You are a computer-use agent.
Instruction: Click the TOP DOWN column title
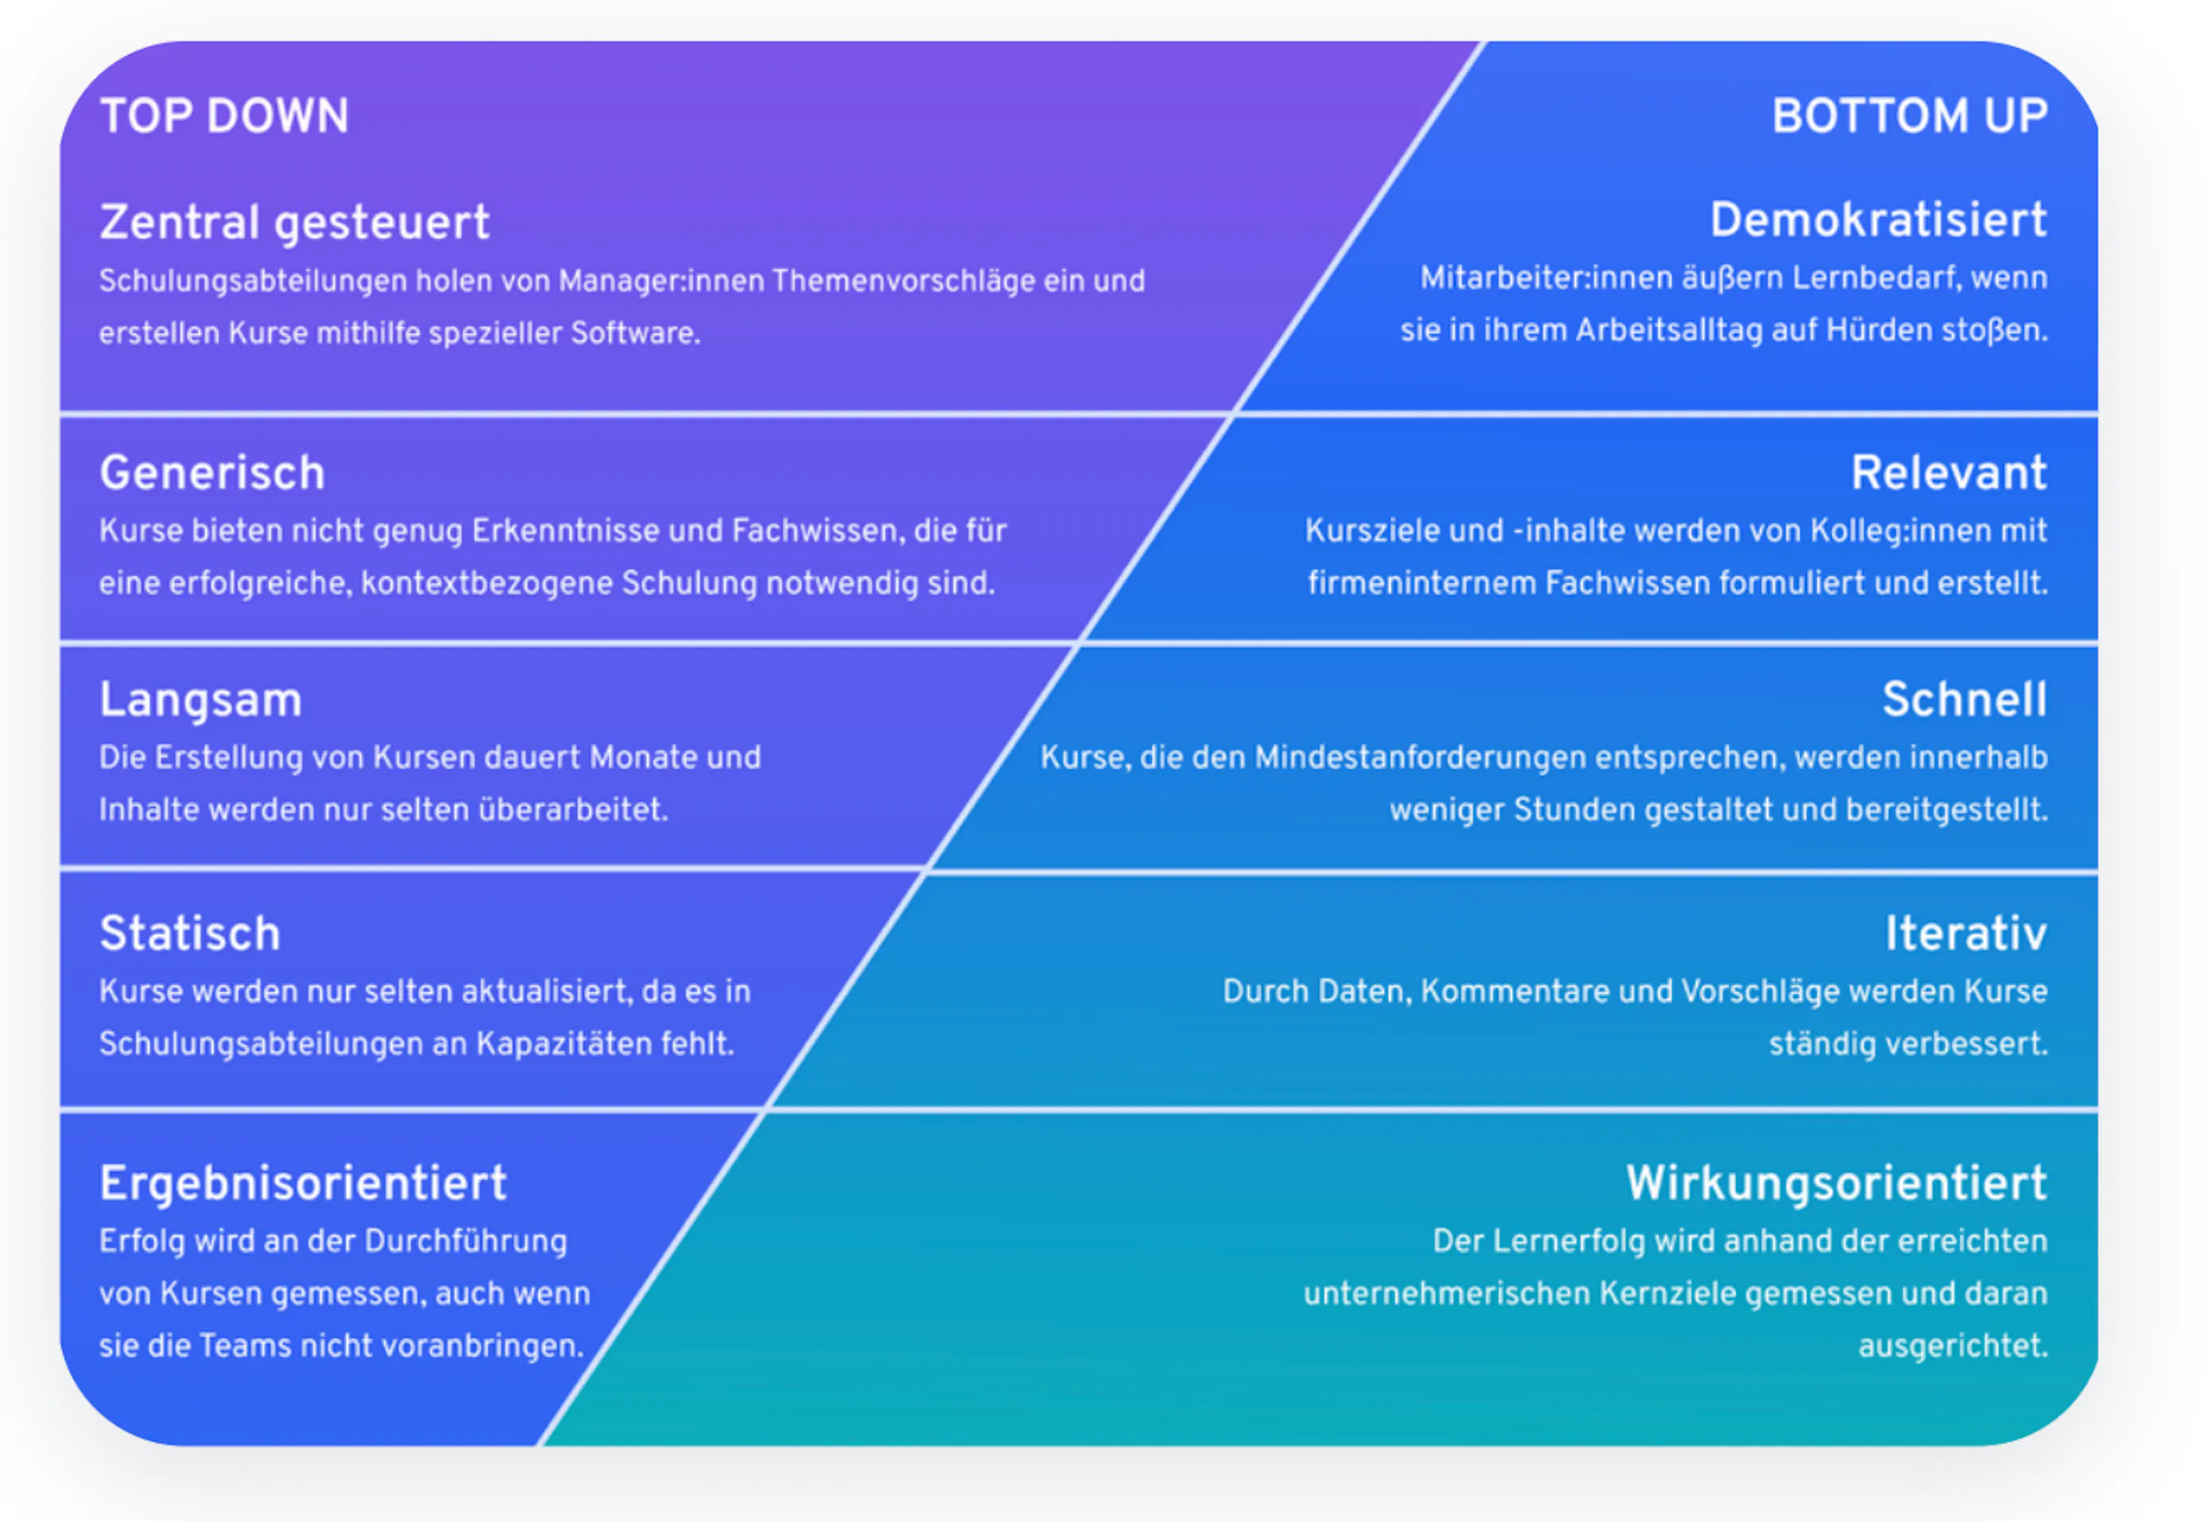pos(225,116)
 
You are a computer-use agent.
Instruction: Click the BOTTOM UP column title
pos(1910,116)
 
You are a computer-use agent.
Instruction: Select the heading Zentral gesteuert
pos(295,223)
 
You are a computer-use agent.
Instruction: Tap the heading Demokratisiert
pos(1878,220)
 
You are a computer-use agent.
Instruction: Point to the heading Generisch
pos(212,472)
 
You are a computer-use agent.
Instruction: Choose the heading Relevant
pos(1949,472)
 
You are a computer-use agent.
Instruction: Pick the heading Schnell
pos(1964,700)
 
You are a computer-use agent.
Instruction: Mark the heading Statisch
pos(191,933)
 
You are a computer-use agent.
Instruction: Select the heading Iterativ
pos(1966,933)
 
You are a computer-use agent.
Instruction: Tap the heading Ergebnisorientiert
pos(303,1184)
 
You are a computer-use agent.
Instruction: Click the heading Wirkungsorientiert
pos(1836,1184)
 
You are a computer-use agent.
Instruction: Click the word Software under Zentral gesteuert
pos(635,333)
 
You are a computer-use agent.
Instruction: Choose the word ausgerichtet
pos(1953,1347)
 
